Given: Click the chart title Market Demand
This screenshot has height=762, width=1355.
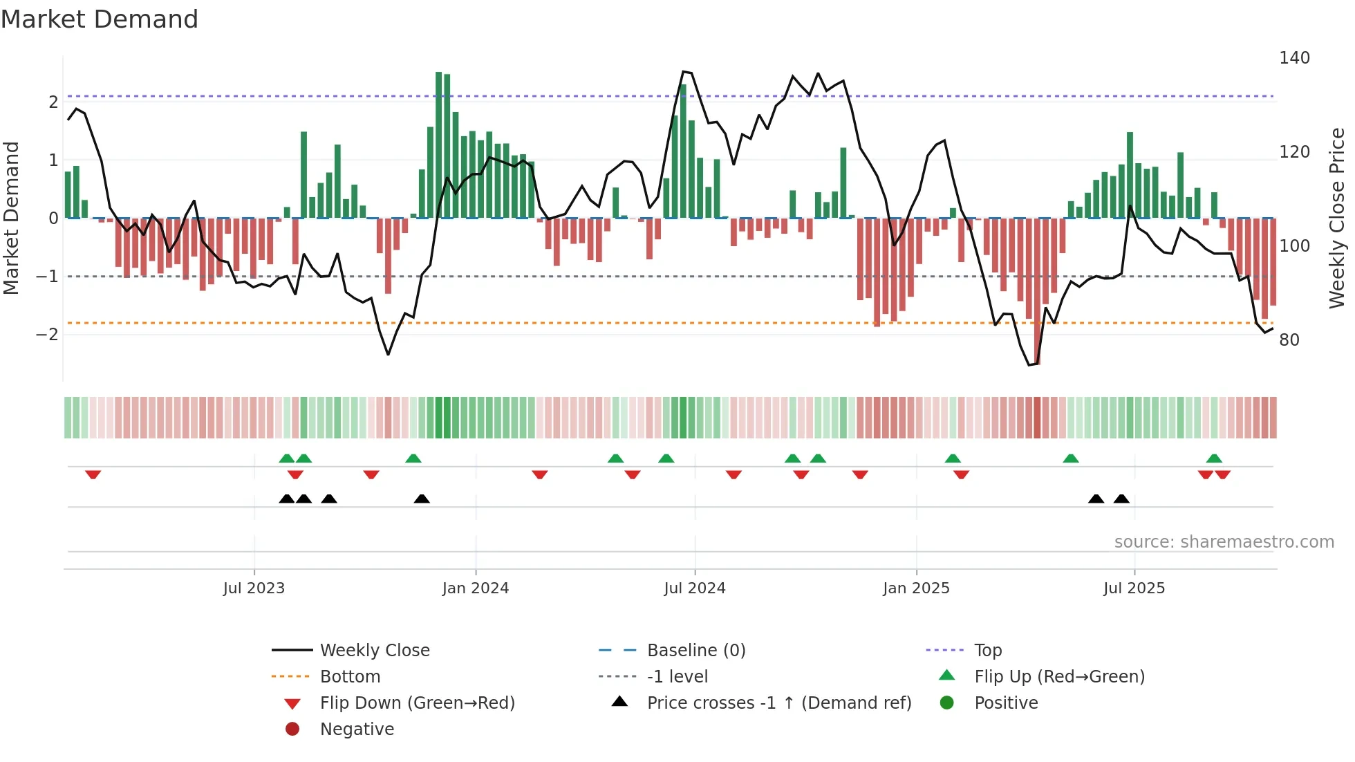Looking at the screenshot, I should (x=100, y=19).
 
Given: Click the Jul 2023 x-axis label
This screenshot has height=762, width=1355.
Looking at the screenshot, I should (x=254, y=588).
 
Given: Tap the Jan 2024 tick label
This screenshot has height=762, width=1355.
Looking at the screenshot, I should (x=476, y=588).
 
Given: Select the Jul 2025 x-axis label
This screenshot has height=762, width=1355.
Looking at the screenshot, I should (x=1134, y=588).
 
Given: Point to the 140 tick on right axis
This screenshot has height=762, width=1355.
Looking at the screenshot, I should (x=1294, y=58).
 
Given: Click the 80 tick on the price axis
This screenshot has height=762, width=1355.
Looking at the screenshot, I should (x=1289, y=340).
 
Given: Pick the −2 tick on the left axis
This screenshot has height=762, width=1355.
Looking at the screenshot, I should (x=47, y=335).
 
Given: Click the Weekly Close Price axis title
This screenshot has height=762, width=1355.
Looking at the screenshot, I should (x=1337, y=218).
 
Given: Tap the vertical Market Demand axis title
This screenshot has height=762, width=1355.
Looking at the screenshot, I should (x=11, y=218).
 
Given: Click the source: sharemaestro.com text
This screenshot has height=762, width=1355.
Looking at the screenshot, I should (x=1224, y=542).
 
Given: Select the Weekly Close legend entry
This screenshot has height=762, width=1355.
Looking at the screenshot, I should (x=374, y=651).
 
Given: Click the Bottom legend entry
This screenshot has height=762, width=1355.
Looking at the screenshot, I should (x=350, y=677).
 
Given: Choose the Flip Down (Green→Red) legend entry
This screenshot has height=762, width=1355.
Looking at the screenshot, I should (x=417, y=703).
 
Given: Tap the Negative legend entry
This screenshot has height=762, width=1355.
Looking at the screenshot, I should (x=357, y=730).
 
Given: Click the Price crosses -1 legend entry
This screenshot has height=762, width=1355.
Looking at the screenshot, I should (x=778, y=703).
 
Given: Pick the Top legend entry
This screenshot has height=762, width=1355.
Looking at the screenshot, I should (x=988, y=651).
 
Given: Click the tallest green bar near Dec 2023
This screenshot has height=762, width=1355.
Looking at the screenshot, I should (x=439, y=145).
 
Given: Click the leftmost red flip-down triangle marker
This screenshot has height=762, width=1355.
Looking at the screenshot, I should (x=93, y=474).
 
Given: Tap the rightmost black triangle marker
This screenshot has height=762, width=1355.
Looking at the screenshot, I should (x=1121, y=499).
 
